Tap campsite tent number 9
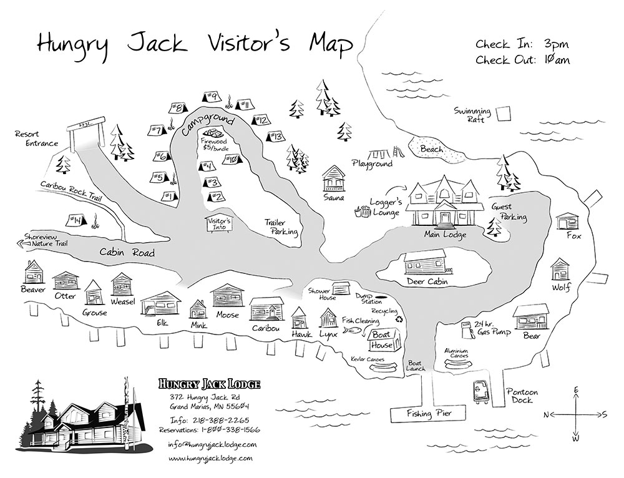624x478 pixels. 210,97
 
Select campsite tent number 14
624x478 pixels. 76,220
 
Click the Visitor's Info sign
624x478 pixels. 218,224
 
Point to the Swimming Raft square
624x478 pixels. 503,113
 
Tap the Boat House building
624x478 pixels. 383,340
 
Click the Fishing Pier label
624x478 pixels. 429,414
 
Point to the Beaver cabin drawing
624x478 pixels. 34,272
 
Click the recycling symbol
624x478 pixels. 399,319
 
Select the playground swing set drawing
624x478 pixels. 379,154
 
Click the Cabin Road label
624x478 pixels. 127,252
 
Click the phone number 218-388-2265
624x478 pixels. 222,421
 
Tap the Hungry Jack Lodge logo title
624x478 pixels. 209,384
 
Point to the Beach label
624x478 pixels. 432,149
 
